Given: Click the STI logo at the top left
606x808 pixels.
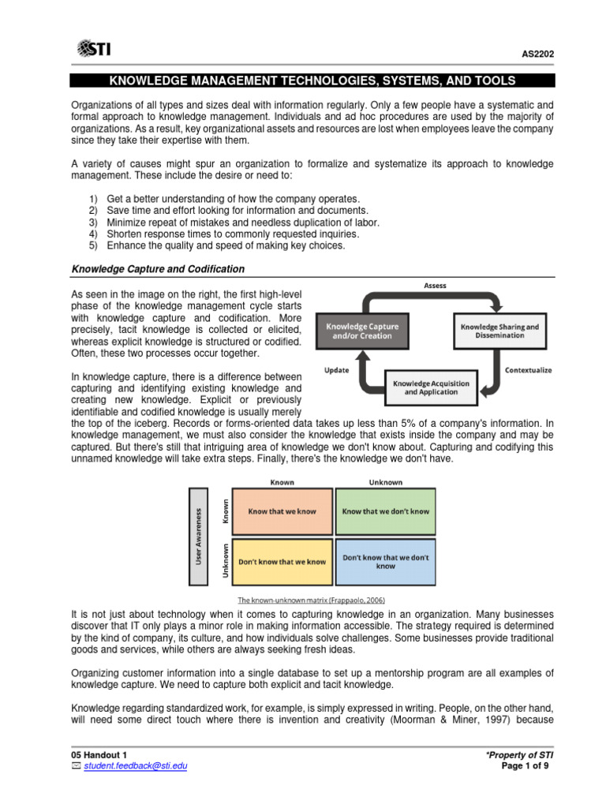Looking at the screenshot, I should tap(93, 50).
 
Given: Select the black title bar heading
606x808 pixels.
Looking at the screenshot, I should tap(312, 80).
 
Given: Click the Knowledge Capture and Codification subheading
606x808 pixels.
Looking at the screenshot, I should tap(158, 269).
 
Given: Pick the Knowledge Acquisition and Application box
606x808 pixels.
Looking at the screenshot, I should tap(431, 387).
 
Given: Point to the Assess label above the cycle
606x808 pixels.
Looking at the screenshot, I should tap(435, 286).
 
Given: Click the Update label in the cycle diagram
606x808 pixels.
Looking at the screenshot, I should tap(337, 369).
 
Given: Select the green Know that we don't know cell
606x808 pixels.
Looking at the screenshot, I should tap(385, 511).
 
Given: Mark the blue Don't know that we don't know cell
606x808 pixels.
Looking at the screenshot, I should tap(385, 561).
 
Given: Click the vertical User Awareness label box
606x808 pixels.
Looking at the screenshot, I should tap(199, 537).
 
